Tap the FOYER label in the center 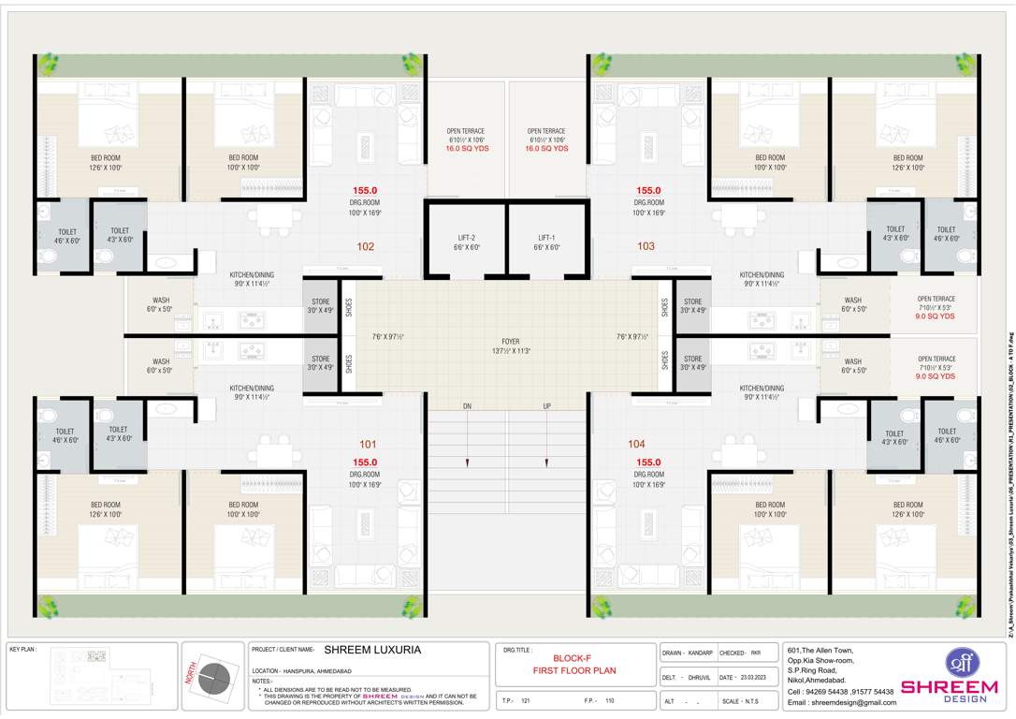coord(510,342)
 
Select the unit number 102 coord(365,247)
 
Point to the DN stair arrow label coord(466,406)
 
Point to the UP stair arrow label coord(547,406)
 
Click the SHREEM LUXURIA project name coord(372,649)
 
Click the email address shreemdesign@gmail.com coord(841,702)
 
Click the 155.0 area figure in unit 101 coord(365,462)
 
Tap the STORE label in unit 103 coord(692,302)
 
